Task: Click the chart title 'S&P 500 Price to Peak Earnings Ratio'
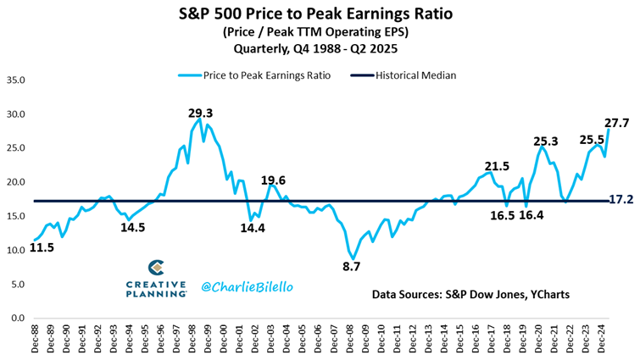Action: tap(320, 14)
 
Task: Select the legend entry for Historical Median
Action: tap(415, 75)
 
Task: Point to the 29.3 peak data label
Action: tap(200, 112)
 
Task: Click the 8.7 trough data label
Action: tap(351, 266)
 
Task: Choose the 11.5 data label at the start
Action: tap(43, 248)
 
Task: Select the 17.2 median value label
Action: tap(621, 201)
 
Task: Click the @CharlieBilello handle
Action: tap(247, 287)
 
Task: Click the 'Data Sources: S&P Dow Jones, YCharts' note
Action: tap(470, 294)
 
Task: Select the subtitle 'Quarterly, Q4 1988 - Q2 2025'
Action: tap(320, 48)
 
